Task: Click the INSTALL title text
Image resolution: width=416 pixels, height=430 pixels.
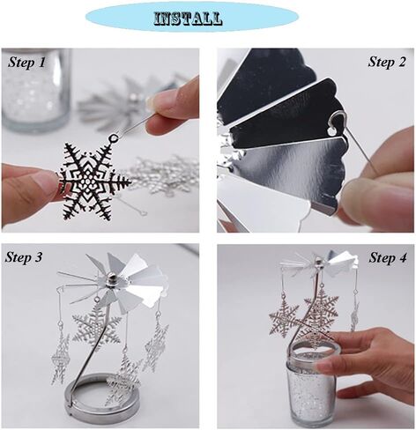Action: coord(188,18)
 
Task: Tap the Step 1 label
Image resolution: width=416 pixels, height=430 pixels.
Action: coord(27,62)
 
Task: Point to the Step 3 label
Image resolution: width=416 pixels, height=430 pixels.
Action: coord(29,257)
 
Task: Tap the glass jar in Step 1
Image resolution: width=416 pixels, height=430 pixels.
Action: coord(35,88)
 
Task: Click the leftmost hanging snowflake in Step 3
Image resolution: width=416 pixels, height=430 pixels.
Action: coord(60,361)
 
